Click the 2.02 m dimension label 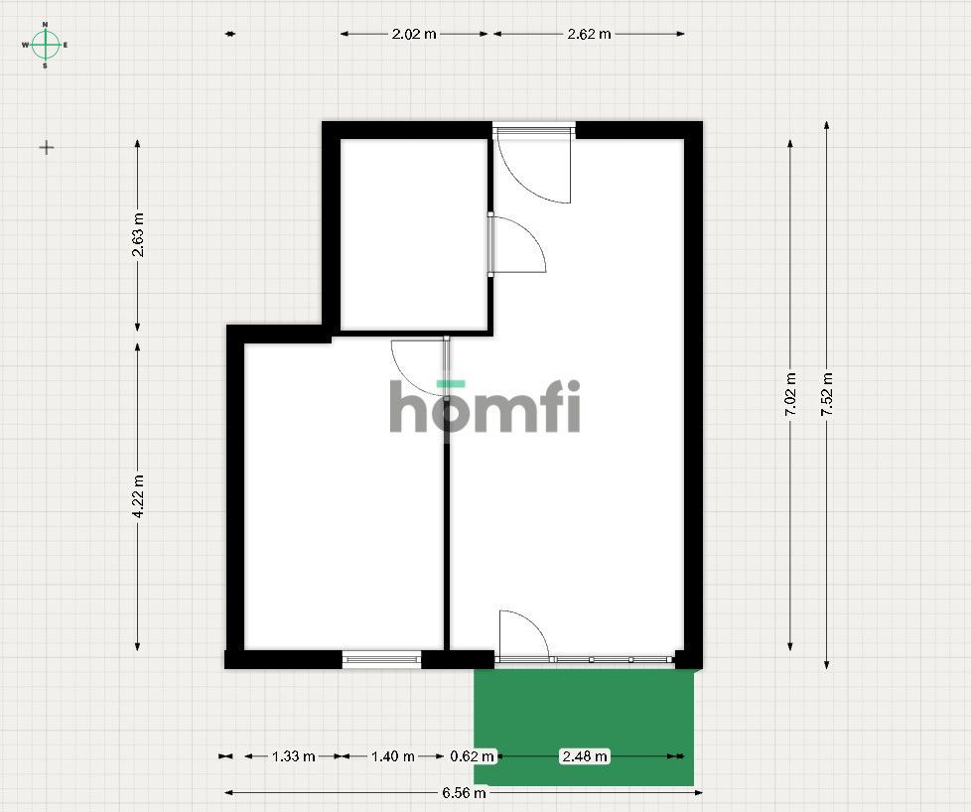click(414, 34)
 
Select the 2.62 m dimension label click(589, 34)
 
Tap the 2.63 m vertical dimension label click(138, 234)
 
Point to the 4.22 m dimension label click(138, 496)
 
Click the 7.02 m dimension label click(790, 394)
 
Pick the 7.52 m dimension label click(827, 394)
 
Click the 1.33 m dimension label click(294, 756)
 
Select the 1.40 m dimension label click(392, 756)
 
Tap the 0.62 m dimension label click(472, 756)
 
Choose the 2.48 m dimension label click(585, 756)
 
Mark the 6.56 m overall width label click(464, 793)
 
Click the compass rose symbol click(46, 45)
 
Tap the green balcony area click(584, 728)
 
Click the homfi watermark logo click(485, 406)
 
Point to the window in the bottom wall click(381, 660)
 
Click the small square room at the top click(414, 234)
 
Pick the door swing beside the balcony click(524, 633)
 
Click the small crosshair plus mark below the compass click(47, 148)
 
